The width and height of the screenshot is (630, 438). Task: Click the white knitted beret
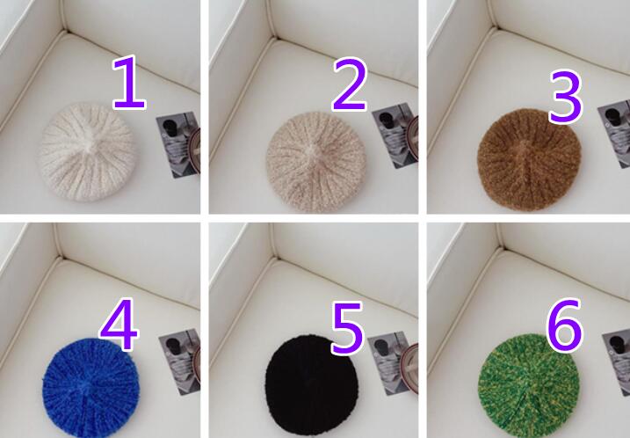tap(87, 152)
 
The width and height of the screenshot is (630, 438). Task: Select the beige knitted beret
tap(315, 162)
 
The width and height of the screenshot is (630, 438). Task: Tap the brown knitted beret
tap(529, 160)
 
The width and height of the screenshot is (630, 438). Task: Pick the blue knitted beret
tap(91, 387)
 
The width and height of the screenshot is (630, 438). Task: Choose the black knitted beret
tap(311, 385)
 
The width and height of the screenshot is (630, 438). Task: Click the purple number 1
tap(129, 83)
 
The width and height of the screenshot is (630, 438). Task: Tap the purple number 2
tap(350, 84)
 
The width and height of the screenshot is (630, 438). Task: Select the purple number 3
tap(566, 97)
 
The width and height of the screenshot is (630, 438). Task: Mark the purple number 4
tap(119, 325)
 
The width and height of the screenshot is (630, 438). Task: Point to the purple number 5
tap(348, 329)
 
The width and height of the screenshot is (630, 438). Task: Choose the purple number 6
tap(564, 325)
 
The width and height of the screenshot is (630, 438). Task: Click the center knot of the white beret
tap(90, 143)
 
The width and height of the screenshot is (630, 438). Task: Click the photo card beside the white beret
tap(178, 144)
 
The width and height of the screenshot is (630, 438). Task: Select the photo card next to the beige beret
tap(395, 135)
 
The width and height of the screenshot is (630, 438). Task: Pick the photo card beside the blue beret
tap(180, 361)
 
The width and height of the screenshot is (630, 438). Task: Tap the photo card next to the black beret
tap(393, 363)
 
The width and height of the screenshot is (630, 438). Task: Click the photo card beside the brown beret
tap(614, 135)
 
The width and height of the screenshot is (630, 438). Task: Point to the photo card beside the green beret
tap(616, 361)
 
